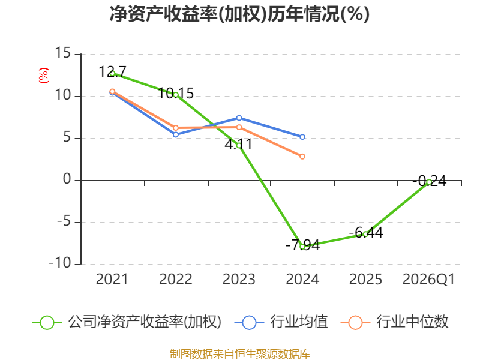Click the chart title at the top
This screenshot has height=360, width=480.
[x=239, y=14]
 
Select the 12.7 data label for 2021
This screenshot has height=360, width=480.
[x=112, y=71]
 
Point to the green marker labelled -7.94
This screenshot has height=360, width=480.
[x=302, y=247]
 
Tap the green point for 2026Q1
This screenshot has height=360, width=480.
[x=429, y=182]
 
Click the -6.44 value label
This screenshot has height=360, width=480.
[x=366, y=233]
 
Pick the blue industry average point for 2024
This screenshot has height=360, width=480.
[x=302, y=137]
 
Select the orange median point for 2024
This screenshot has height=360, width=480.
[x=302, y=157]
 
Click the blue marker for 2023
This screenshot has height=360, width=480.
[x=239, y=118]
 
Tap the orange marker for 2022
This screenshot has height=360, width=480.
[x=176, y=128]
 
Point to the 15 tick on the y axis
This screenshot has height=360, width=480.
[x=63, y=53]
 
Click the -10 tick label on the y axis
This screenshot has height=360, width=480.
[x=60, y=263]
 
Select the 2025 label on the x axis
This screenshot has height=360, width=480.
[x=365, y=280]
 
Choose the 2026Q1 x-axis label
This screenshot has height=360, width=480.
[x=428, y=280]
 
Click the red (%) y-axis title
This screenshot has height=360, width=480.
[x=43, y=76]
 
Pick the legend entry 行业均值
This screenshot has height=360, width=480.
[x=281, y=322]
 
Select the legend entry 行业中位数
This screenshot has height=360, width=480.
[x=395, y=322]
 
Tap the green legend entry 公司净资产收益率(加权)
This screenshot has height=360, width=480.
[x=127, y=322]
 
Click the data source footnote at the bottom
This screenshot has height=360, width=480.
[x=240, y=354]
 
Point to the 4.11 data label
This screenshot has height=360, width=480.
[x=238, y=145]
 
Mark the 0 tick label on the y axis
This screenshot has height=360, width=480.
[x=67, y=179]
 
